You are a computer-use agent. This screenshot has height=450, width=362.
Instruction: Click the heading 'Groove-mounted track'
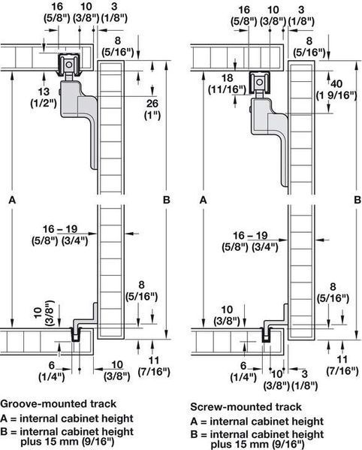pyautogui.click(x=59, y=403)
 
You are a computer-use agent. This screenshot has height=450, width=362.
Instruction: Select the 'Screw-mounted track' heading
pyautogui.click(x=246, y=406)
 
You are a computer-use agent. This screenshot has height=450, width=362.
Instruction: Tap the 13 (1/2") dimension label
pyautogui.click(x=44, y=98)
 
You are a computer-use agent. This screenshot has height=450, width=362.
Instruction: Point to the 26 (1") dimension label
pyautogui.click(x=152, y=110)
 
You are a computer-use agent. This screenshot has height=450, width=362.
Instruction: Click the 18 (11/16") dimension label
pyautogui.click(x=228, y=84)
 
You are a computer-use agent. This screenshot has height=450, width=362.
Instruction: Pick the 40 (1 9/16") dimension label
pyautogui.click(x=336, y=89)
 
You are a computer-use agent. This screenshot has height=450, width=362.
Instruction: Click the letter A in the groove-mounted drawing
pyautogui.click(x=12, y=200)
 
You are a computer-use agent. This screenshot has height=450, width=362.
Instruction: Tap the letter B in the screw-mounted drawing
pyautogui.click(x=357, y=200)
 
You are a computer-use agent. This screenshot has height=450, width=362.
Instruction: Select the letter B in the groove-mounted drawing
pyautogui.click(x=167, y=200)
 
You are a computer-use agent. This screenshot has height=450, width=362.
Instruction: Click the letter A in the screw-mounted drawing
pyautogui.click(x=203, y=200)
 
